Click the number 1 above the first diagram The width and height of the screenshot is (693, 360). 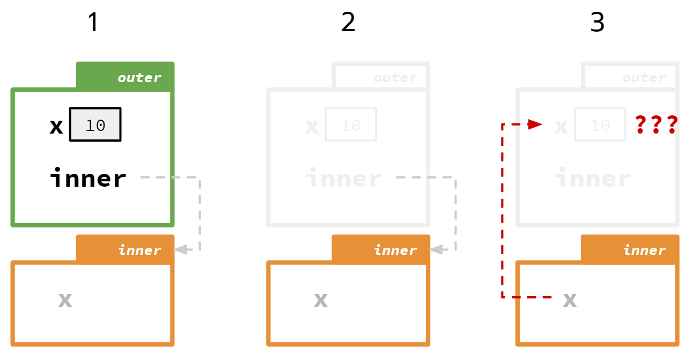(x=93, y=23)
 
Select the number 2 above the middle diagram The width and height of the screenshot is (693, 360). (x=348, y=23)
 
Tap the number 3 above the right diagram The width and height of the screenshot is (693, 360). (x=597, y=23)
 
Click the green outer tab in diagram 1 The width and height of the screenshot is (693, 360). (x=126, y=77)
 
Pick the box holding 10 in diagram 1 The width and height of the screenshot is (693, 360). (x=95, y=125)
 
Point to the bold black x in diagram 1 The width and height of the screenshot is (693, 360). (x=56, y=127)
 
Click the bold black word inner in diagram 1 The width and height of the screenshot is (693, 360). (x=88, y=178)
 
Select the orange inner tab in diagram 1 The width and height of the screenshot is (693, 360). (x=126, y=249)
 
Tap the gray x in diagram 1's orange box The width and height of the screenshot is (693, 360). (x=65, y=300)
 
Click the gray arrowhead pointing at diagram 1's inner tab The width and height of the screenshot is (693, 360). (x=180, y=249)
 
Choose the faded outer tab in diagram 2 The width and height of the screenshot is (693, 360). (x=381, y=77)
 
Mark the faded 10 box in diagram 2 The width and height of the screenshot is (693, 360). (x=351, y=125)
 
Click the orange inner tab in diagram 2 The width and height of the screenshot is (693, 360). (x=381, y=249)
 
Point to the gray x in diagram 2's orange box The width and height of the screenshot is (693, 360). (x=321, y=300)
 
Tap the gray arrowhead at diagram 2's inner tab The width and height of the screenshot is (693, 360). (x=436, y=249)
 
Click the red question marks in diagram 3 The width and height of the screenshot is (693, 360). (x=656, y=124)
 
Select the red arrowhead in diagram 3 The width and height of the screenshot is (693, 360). (x=535, y=124)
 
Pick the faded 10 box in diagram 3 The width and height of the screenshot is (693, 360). (x=600, y=125)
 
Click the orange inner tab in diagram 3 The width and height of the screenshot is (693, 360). (x=630, y=249)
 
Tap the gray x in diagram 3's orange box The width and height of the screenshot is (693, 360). (x=570, y=300)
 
